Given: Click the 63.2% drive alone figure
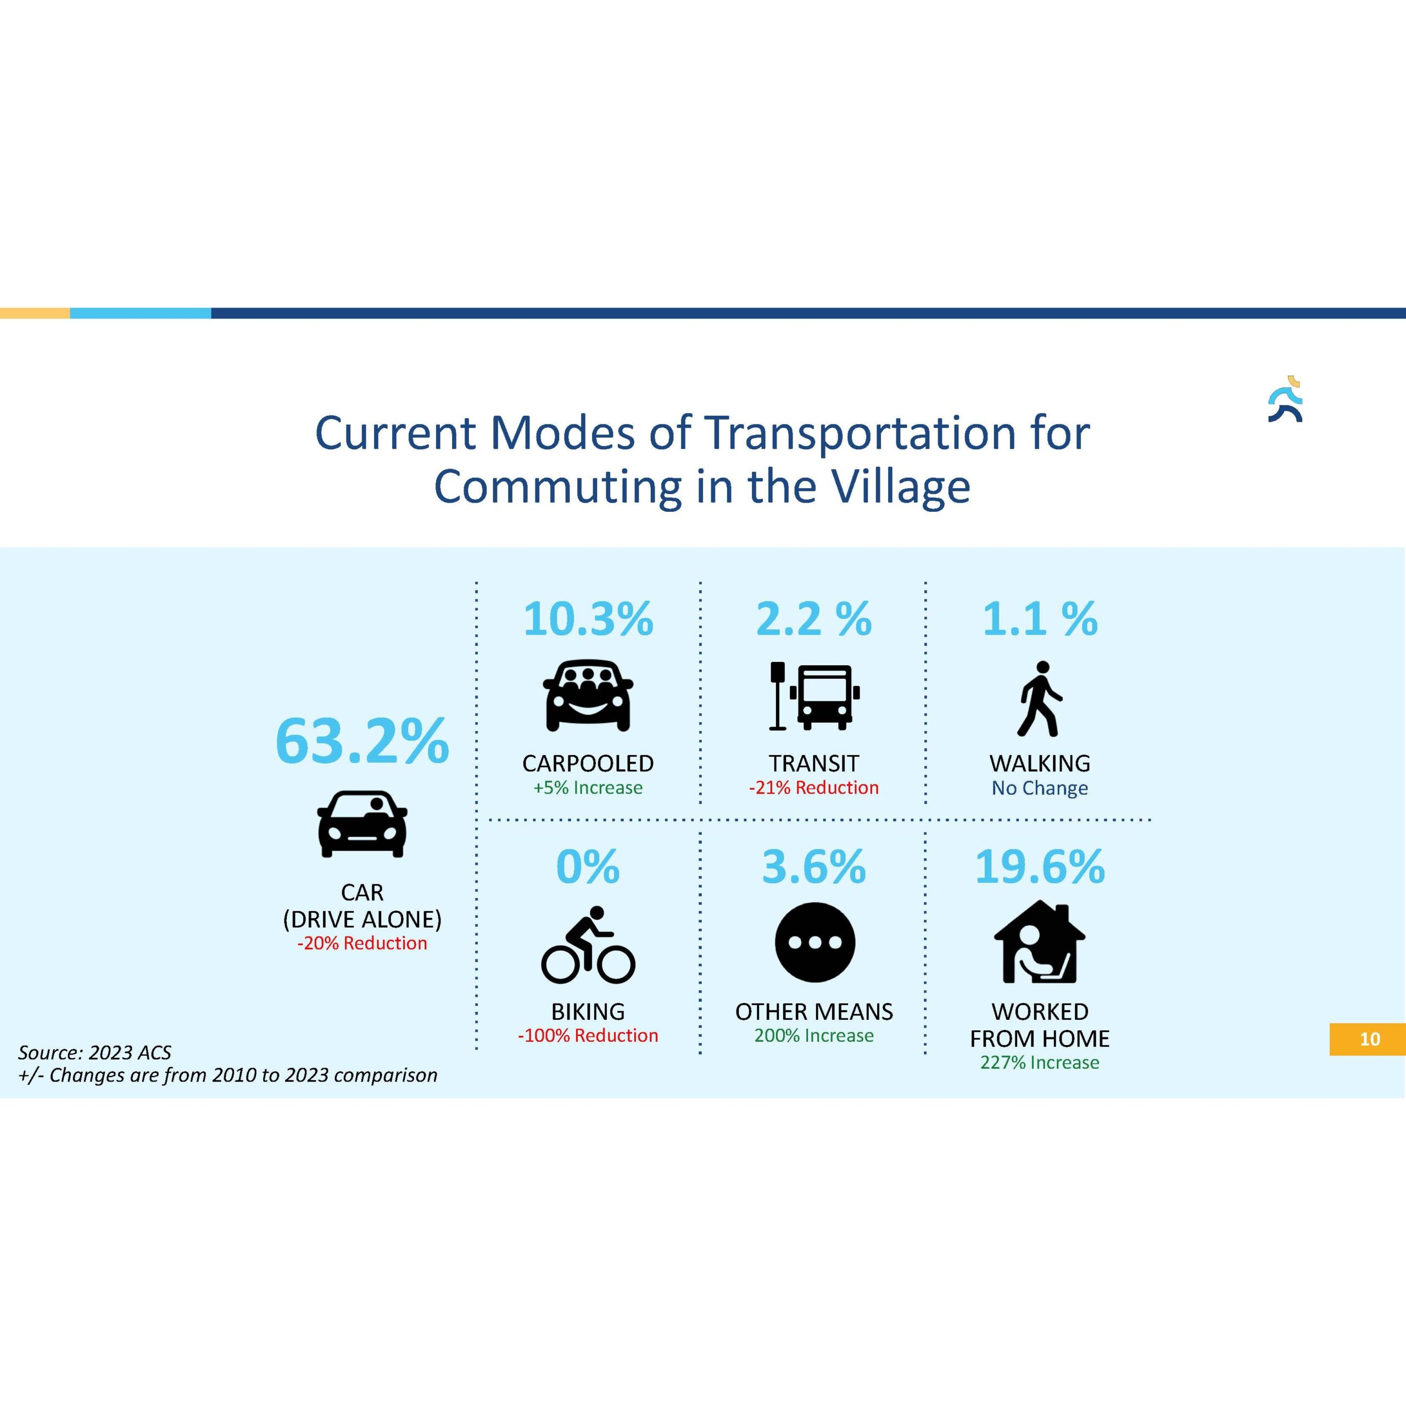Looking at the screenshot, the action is (362, 741).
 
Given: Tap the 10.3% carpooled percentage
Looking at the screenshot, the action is (588, 620).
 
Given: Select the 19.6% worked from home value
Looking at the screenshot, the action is (1040, 867).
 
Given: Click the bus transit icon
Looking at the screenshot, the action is (814, 696).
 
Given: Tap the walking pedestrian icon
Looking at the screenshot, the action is (1040, 699).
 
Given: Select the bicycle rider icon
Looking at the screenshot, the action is (588, 945).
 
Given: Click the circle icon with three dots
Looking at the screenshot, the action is (814, 942).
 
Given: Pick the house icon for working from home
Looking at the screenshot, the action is (1040, 942).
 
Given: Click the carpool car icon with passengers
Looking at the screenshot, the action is (588, 695).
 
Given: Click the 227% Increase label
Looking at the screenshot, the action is (1040, 1063).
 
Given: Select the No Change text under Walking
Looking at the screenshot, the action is (1040, 788).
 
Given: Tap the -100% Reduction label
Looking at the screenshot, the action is (588, 1036).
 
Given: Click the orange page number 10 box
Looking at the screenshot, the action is (1368, 1039).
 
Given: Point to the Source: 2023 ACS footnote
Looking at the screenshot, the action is (94, 1052).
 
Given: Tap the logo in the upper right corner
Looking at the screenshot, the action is (1285, 399).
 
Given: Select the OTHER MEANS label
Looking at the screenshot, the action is (814, 1012).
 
